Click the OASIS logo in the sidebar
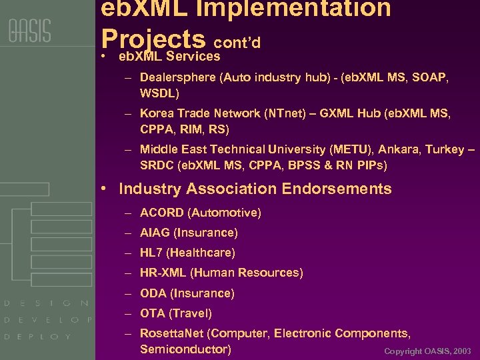[x=29, y=31]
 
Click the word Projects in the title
[x=153, y=38]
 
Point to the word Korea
[x=157, y=114]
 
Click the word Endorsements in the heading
[x=337, y=189]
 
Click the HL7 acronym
[x=151, y=253]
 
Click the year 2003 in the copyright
[x=462, y=351]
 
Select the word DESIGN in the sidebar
[x=47, y=303]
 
